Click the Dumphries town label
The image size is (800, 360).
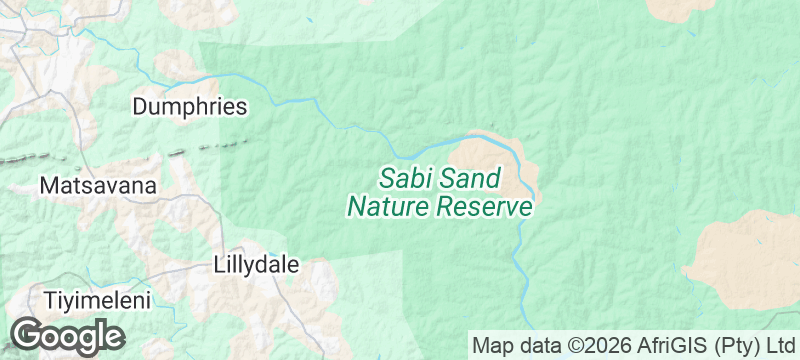pos(189,106)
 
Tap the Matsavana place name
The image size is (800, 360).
pos(98,186)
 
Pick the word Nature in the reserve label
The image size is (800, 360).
pos(390,208)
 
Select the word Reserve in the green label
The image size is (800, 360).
pos(487,208)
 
